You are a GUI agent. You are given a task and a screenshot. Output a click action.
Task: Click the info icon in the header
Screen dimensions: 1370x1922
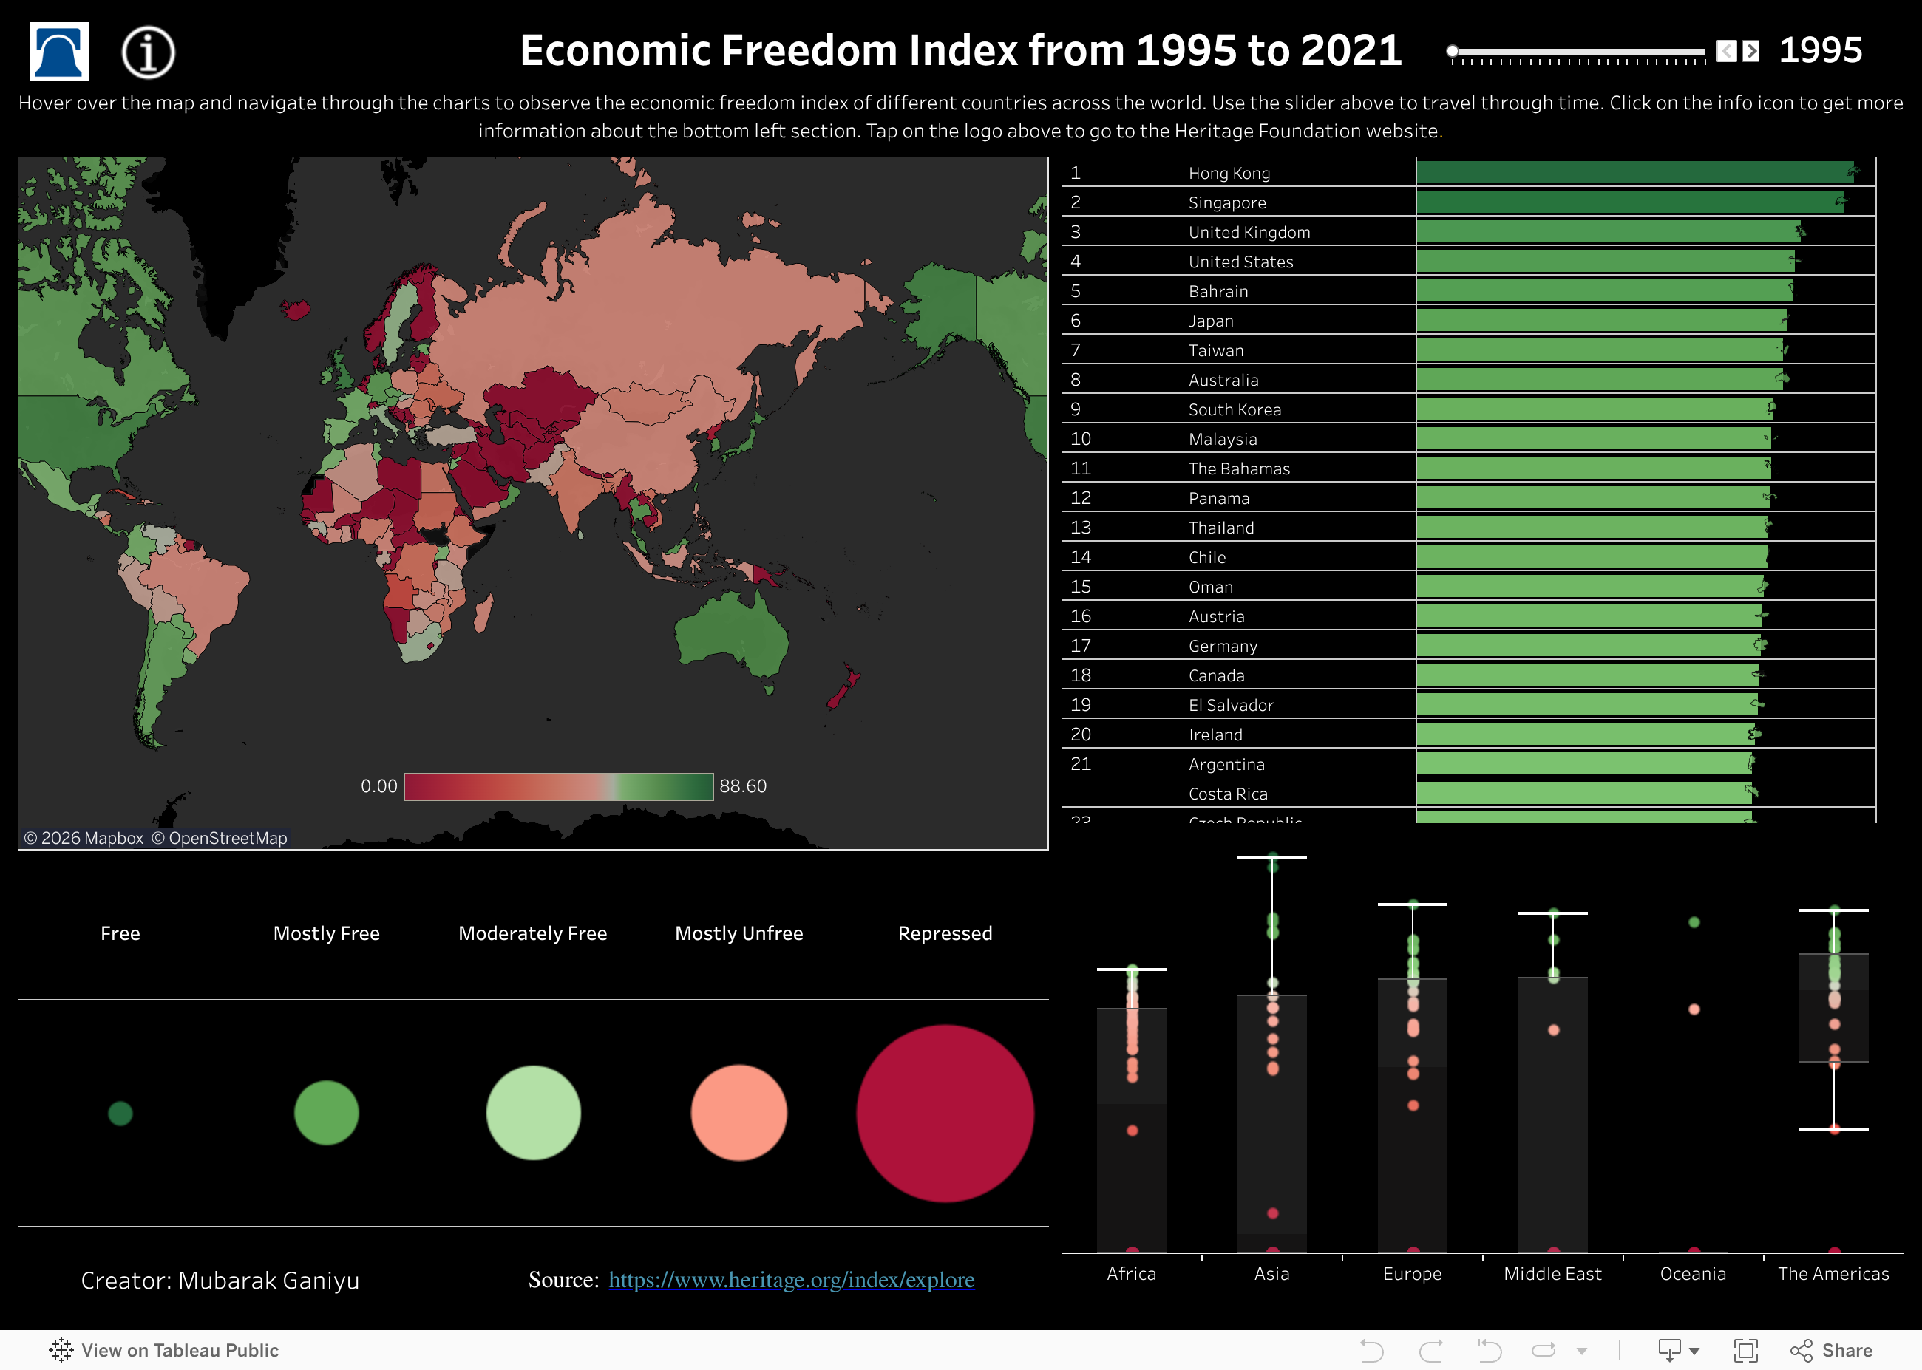coord(148,52)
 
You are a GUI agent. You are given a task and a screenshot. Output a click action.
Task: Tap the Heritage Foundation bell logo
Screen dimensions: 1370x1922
coord(59,52)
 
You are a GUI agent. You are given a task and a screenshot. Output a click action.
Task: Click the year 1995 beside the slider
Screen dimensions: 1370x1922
coord(1820,50)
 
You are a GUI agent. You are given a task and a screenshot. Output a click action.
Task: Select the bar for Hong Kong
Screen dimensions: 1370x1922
coord(1634,173)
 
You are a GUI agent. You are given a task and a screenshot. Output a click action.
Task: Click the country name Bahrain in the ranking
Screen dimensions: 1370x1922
coord(1218,291)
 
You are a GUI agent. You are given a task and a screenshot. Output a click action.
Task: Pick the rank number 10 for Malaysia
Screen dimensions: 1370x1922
coord(1080,439)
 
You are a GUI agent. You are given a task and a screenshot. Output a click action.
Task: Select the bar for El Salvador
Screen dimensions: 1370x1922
coord(1586,704)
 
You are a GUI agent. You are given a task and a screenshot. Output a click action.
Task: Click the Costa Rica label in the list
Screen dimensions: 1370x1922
coord(1228,794)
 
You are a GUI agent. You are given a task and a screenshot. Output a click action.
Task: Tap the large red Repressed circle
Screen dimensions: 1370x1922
coord(944,1113)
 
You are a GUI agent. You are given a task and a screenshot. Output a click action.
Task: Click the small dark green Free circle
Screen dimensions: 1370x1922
coord(120,1113)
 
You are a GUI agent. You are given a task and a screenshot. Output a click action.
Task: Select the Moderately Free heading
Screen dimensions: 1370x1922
coord(532,933)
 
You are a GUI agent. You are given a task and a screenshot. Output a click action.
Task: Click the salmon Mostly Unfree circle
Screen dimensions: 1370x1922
coord(738,1113)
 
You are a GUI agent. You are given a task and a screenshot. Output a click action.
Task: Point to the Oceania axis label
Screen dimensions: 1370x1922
coord(1693,1273)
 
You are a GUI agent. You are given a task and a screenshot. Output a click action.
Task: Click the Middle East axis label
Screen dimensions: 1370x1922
coord(1552,1273)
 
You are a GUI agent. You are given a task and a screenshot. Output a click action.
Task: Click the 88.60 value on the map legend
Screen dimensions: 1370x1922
coord(742,786)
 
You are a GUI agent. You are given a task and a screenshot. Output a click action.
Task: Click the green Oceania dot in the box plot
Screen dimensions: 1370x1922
coord(1694,922)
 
